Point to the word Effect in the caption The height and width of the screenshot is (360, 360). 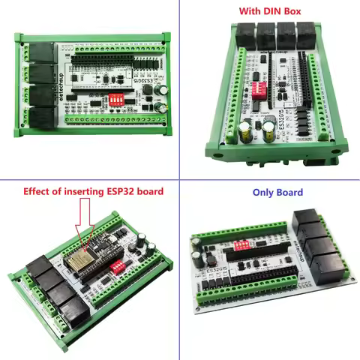[x=38, y=191]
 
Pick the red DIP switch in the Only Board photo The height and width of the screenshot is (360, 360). [x=244, y=244]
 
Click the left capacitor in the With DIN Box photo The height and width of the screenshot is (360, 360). [x=246, y=131]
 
